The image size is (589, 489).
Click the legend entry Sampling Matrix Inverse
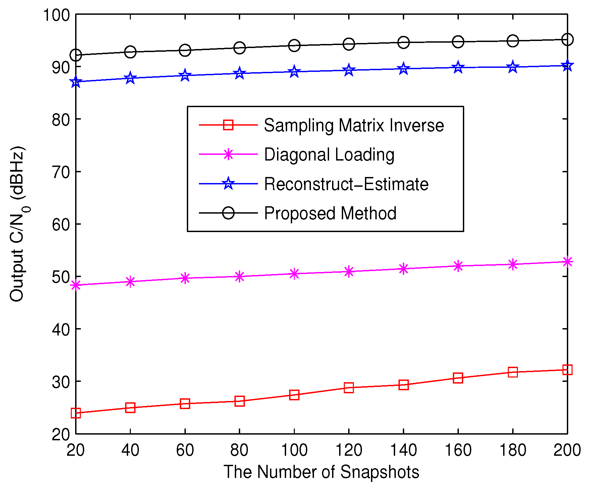click(x=354, y=126)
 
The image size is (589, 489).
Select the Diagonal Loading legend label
click(x=329, y=155)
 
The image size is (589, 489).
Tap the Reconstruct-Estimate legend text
click(x=346, y=184)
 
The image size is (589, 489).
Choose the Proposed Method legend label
click(x=330, y=213)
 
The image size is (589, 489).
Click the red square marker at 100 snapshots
click(x=294, y=395)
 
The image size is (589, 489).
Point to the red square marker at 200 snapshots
click(x=567, y=370)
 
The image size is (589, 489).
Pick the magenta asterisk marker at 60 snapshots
click(x=185, y=278)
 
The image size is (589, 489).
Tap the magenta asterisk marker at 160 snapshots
click(x=458, y=266)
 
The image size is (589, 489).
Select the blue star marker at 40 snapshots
click(x=130, y=78)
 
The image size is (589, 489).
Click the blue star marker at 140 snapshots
click(x=404, y=69)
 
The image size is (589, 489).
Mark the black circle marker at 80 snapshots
click(x=239, y=48)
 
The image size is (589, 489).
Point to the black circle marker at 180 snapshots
click(x=513, y=41)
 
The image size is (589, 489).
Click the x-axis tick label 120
click(x=349, y=450)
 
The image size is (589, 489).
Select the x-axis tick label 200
click(x=567, y=450)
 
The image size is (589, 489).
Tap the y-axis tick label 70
click(x=61, y=172)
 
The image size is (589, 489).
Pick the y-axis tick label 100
click(x=56, y=15)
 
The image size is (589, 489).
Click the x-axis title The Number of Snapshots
click(x=321, y=472)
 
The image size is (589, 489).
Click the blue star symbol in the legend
click(x=228, y=183)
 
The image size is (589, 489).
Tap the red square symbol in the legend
click(x=228, y=125)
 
